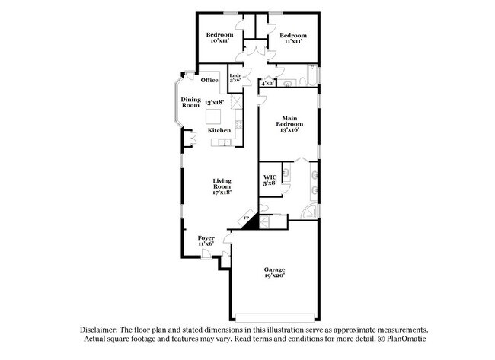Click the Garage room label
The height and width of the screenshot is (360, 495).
(274, 270)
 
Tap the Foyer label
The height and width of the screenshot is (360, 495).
(206, 238)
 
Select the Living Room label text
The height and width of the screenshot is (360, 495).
(222, 183)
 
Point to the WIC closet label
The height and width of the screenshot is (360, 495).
(270, 179)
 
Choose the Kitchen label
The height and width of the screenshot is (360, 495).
(219, 130)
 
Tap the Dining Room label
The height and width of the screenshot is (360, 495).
(190, 102)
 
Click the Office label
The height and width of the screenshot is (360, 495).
(209, 80)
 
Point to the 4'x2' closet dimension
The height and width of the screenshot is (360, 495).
(267, 83)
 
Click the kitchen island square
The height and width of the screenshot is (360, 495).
(216, 116)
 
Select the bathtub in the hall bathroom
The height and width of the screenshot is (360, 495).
(311, 76)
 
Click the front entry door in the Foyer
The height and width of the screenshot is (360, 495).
(206, 255)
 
